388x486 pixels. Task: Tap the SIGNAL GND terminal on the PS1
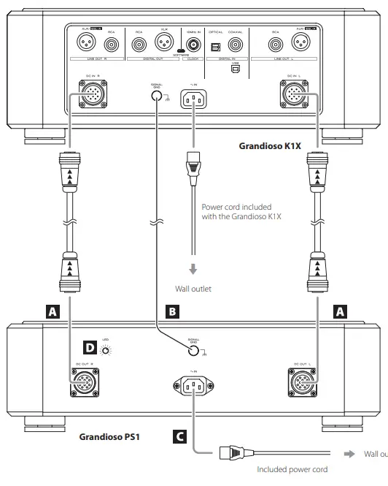(x=193, y=350)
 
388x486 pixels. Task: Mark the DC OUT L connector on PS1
(x=301, y=379)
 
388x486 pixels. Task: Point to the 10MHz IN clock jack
(x=194, y=45)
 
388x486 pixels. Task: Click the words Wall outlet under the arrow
(x=193, y=289)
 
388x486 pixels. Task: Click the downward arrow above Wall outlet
(x=193, y=268)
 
